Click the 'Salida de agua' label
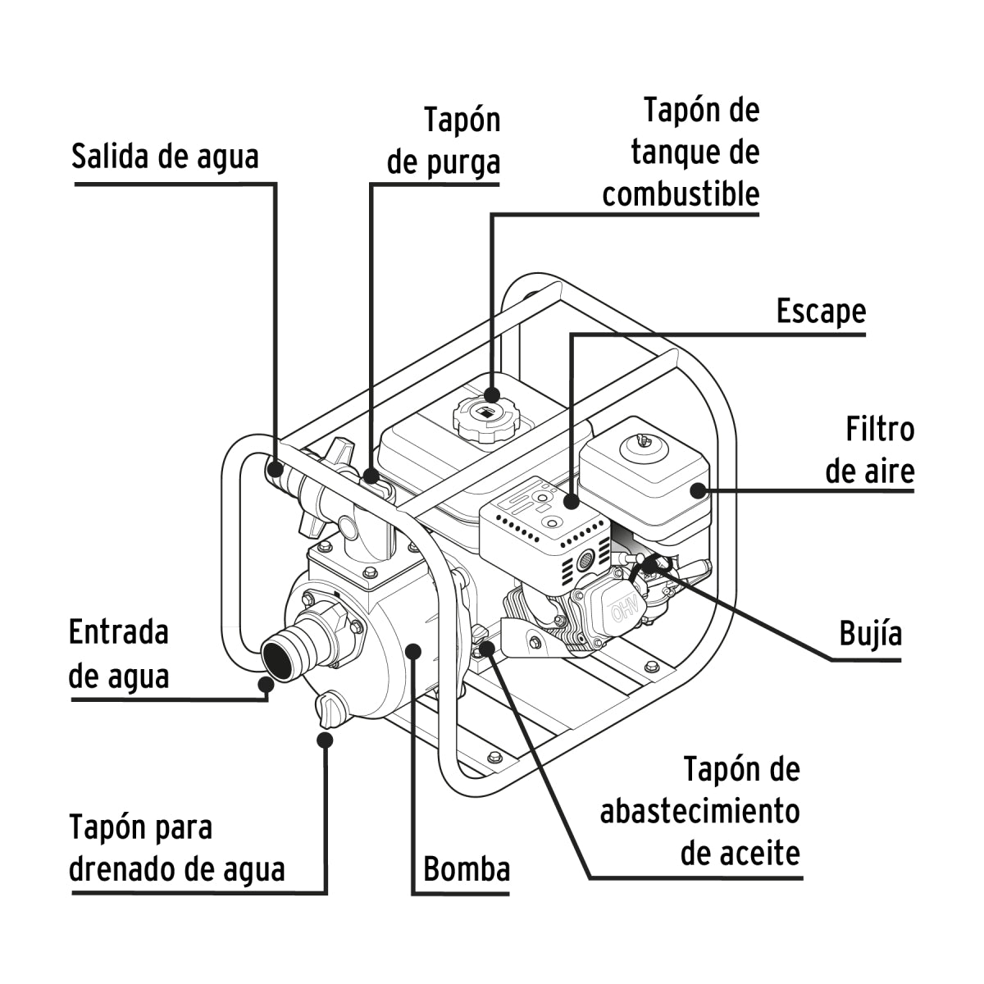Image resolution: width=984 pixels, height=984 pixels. click(x=165, y=156)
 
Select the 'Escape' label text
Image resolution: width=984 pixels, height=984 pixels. click(x=821, y=312)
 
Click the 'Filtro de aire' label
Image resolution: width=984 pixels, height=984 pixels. click(x=869, y=450)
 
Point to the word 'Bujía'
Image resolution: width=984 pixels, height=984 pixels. click(x=870, y=634)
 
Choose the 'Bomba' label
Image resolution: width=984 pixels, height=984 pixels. click(x=466, y=868)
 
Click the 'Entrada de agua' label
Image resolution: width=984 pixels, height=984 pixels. click(x=119, y=654)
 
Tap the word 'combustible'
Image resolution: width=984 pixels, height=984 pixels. click(x=681, y=195)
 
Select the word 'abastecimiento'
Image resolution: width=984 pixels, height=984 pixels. click(x=699, y=811)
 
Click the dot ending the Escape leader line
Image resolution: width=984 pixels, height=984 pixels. click(x=571, y=500)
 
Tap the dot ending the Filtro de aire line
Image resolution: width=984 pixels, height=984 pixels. click(x=697, y=490)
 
